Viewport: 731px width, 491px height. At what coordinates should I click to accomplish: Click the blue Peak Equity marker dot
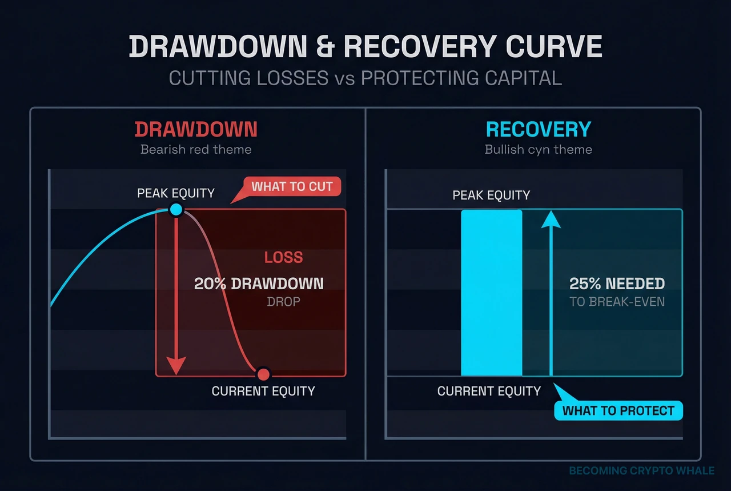click(x=176, y=210)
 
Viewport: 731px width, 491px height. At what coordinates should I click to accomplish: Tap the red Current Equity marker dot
click(x=263, y=374)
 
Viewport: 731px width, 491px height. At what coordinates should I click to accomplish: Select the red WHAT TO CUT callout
click(x=292, y=186)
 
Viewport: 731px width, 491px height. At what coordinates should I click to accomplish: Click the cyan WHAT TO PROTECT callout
click(x=618, y=410)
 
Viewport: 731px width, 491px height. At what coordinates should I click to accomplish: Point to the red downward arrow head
click(x=176, y=365)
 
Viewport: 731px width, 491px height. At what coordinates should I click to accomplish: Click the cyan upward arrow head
click(x=551, y=219)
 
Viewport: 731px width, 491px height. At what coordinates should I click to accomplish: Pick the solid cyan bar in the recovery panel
click(x=492, y=293)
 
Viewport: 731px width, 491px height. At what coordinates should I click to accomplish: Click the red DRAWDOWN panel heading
click(x=196, y=129)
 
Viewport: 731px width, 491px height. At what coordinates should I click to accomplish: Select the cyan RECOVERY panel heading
click(x=538, y=129)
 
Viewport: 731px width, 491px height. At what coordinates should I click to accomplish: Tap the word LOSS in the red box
click(x=283, y=257)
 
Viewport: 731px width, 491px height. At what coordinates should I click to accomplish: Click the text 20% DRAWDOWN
click(x=259, y=284)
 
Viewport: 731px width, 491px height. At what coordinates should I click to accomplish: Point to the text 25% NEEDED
click(x=617, y=284)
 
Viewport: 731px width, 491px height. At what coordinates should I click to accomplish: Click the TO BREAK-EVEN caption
click(x=617, y=301)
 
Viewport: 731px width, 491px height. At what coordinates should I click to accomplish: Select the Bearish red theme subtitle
click(x=196, y=150)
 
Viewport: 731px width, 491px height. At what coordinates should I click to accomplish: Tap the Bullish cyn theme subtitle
click(x=538, y=150)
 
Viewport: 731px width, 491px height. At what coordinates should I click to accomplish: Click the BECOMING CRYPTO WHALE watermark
click(x=641, y=471)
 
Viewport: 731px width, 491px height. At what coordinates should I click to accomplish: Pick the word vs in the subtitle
click(x=344, y=78)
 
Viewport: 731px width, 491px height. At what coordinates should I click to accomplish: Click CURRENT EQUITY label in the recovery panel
click(x=489, y=392)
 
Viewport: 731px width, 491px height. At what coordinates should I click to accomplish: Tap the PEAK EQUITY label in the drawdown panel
click(x=176, y=193)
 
